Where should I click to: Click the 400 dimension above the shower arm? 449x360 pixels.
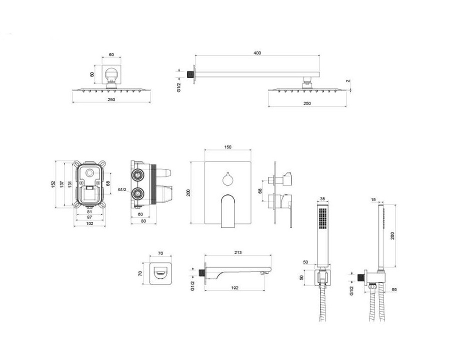click(x=257, y=53)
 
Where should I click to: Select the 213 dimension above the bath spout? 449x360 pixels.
click(x=237, y=252)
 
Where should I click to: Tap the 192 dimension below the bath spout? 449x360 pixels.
click(x=234, y=288)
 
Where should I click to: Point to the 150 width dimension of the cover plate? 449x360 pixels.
click(x=227, y=147)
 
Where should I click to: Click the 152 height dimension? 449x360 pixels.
click(x=53, y=184)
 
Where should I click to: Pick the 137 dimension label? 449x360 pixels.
click(x=62, y=184)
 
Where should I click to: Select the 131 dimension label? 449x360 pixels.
click(x=70, y=184)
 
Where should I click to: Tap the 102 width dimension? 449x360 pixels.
click(x=89, y=223)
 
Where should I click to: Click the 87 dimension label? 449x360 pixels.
click(x=89, y=217)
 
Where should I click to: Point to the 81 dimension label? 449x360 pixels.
click(x=89, y=212)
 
